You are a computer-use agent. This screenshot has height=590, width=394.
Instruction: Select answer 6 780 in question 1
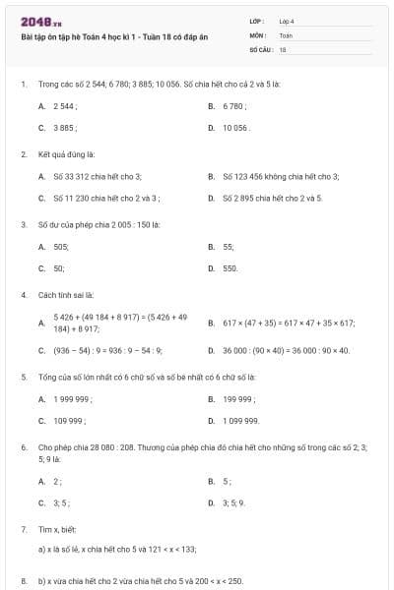tap(234, 106)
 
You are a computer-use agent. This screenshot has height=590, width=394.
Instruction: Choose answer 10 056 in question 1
tap(236, 128)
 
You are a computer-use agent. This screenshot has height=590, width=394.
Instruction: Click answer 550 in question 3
tap(230, 267)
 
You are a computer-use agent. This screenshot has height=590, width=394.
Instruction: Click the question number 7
tap(23, 529)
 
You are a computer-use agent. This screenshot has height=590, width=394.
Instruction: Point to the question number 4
tap(23, 295)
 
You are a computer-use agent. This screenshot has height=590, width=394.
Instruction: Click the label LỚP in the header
tap(257, 20)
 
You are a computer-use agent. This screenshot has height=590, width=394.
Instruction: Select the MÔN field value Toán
tap(286, 34)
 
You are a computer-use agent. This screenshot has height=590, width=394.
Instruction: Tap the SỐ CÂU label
tap(260, 48)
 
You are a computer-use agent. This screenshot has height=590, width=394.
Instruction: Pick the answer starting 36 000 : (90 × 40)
tap(285, 349)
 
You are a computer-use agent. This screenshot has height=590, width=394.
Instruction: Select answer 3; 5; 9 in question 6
tap(234, 502)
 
